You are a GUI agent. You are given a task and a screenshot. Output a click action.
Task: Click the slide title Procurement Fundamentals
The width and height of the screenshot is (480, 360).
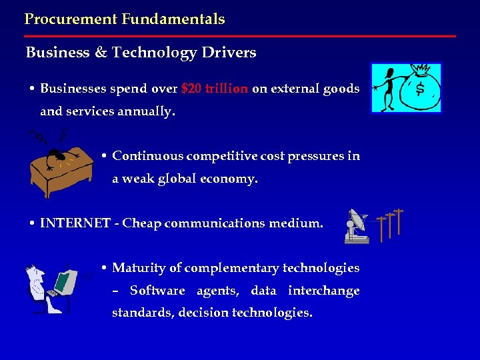125,19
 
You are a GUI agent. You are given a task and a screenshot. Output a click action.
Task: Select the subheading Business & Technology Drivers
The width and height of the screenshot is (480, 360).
141,53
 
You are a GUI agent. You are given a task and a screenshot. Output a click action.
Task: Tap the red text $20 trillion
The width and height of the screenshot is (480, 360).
215,89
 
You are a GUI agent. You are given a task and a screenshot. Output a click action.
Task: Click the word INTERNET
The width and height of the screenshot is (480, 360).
75,224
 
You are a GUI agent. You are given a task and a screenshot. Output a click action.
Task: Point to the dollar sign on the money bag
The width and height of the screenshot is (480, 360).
420,89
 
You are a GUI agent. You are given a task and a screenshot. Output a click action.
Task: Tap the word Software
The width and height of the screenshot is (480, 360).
157,291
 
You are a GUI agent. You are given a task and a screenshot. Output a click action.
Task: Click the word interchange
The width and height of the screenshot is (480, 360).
323,291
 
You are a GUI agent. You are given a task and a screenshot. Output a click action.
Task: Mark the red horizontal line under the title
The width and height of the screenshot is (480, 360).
240,36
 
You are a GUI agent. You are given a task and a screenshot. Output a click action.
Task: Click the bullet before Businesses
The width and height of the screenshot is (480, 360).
31,89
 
